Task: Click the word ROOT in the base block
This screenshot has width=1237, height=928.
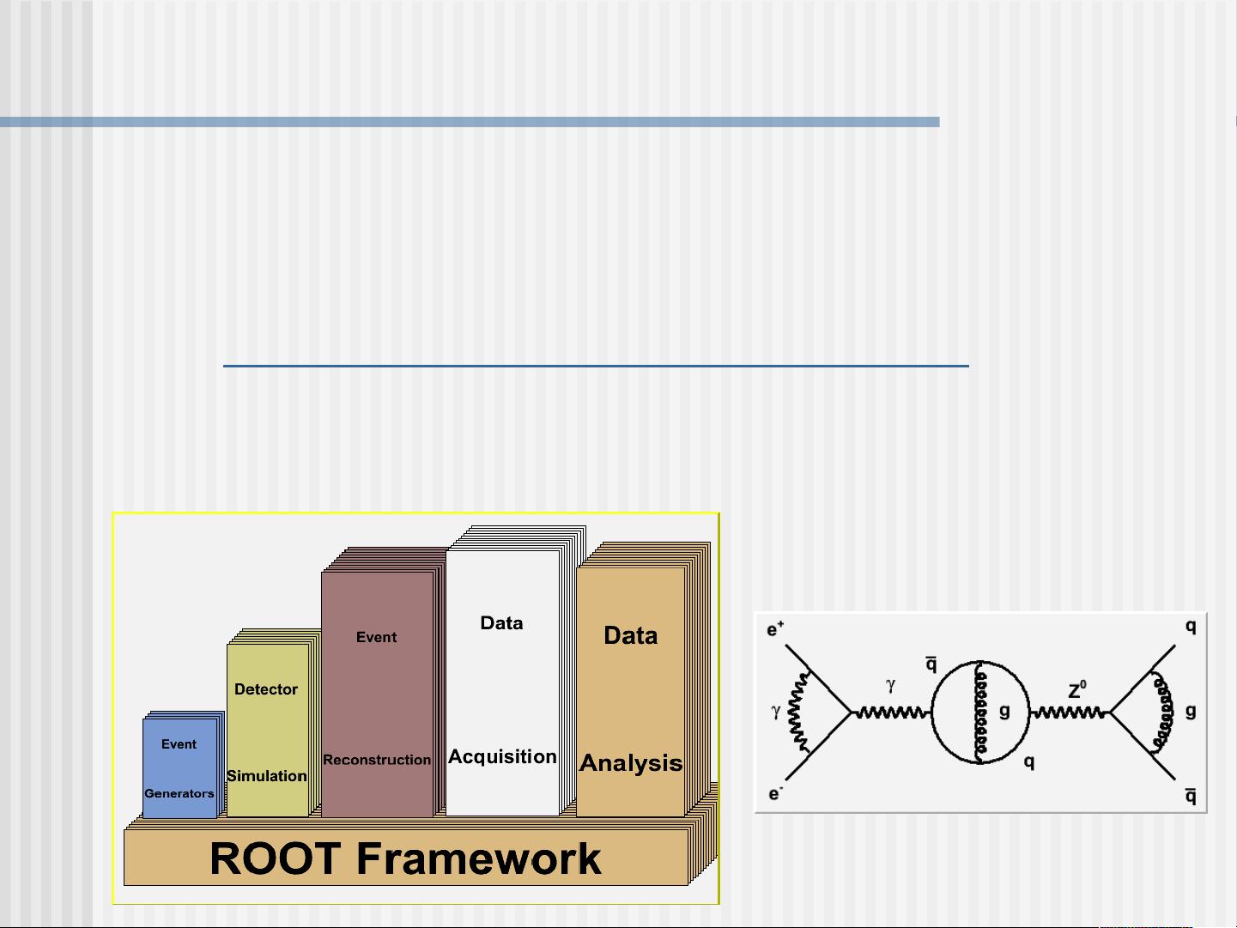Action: pos(275,858)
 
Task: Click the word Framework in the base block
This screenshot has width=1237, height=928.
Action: pos(478,858)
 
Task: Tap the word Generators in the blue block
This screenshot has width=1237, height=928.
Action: pos(179,793)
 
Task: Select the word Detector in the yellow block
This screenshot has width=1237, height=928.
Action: pos(266,689)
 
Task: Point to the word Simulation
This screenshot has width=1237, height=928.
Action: pos(267,776)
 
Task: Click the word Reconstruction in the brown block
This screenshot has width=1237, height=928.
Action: pos(377,760)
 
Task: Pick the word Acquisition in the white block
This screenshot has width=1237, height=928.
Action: pos(502,757)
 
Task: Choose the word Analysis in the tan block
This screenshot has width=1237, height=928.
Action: pos(631,763)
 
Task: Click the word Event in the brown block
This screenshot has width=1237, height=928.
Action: pos(376,637)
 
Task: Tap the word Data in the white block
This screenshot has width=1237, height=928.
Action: pos(501,623)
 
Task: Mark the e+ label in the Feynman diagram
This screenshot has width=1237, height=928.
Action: pos(775,630)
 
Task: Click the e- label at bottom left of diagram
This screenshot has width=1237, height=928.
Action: pos(775,794)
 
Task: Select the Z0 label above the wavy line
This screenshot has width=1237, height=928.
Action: pos(1077,690)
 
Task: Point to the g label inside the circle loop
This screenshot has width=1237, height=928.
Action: pos(1004,711)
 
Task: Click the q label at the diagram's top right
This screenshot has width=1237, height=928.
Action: pos(1191,627)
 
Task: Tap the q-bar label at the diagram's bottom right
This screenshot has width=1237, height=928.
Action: pos(1191,796)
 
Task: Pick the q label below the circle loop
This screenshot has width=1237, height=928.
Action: pos(1029,761)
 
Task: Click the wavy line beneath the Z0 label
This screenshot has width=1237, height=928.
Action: pos(1069,713)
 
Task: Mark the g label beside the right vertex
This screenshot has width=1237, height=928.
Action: pos(1191,711)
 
